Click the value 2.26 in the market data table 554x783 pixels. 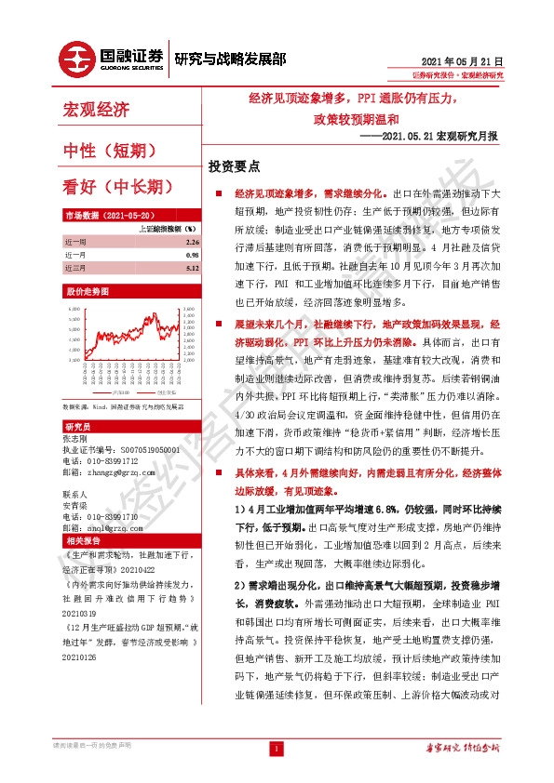tap(192, 241)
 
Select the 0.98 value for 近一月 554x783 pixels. tap(192, 254)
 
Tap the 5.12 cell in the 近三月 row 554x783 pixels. tap(192, 267)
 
